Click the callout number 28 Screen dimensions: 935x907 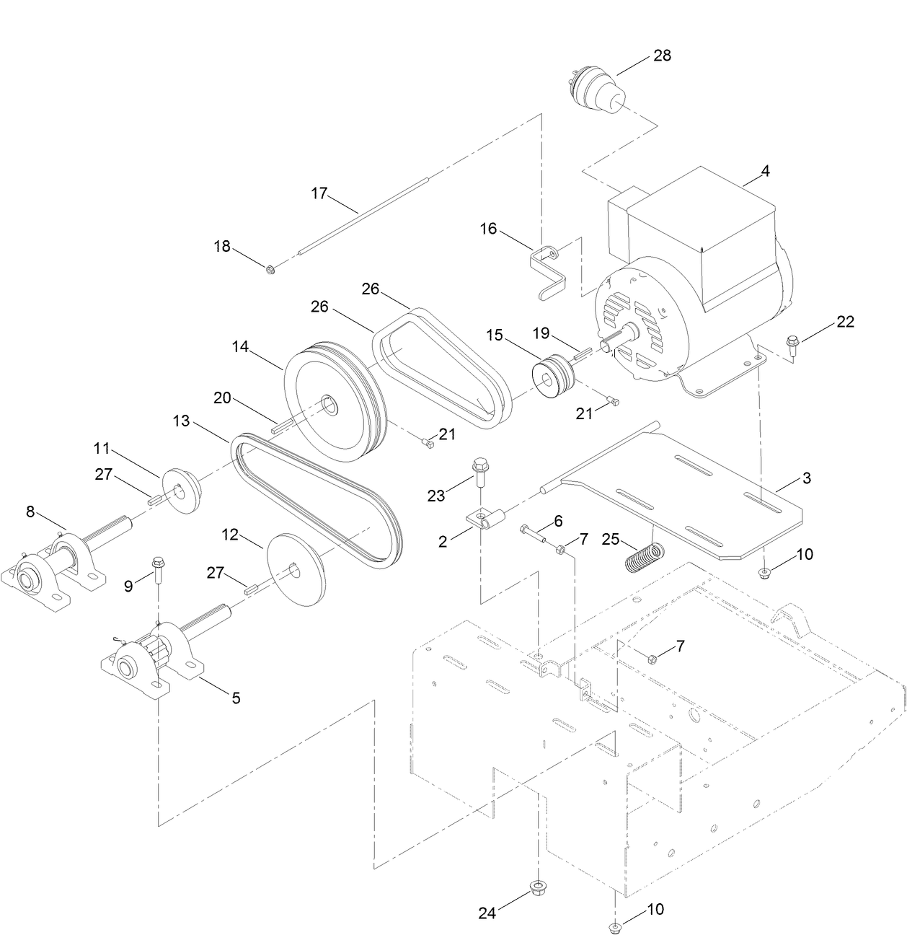point(662,56)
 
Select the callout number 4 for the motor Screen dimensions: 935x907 point(765,171)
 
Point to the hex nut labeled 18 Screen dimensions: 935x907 point(270,270)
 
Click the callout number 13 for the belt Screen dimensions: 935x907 point(181,421)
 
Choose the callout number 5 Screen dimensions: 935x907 point(235,698)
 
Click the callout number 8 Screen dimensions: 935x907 point(30,512)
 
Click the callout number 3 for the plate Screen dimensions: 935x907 point(806,478)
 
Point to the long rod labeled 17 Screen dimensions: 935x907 point(360,216)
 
